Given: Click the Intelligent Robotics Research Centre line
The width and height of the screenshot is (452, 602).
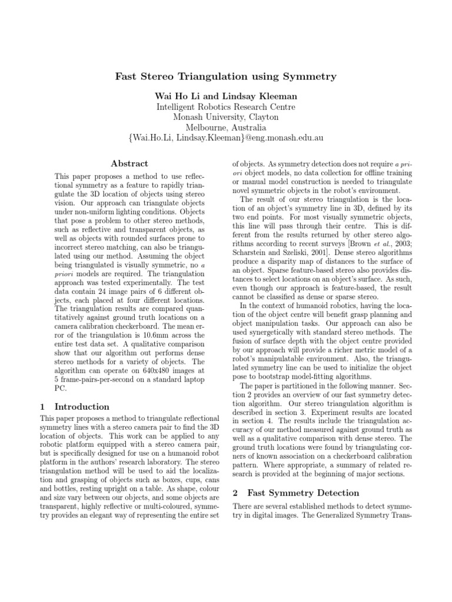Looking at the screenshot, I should tap(227, 106).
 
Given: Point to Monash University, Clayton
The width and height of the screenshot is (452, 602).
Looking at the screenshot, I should tap(227, 117).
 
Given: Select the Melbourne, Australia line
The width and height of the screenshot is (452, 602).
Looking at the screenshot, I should tap(227, 128).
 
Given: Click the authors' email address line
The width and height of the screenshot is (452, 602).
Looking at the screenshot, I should tap(227, 138).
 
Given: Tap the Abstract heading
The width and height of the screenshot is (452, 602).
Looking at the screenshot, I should tap(129, 163).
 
